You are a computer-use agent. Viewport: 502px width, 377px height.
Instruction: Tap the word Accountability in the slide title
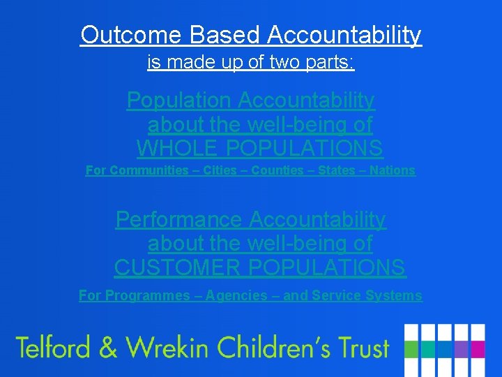pyautogui.click(x=345, y=34)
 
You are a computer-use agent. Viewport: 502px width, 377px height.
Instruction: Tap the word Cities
pyautogui.click(x=220, y=170)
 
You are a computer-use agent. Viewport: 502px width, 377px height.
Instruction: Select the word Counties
pyautogui.click(x=277, y=170)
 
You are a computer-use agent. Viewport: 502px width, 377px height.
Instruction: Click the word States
pyautogui.click(x=337, y=170)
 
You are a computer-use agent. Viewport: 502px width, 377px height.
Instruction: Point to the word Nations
pyautogui.click(x=393, y=170)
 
